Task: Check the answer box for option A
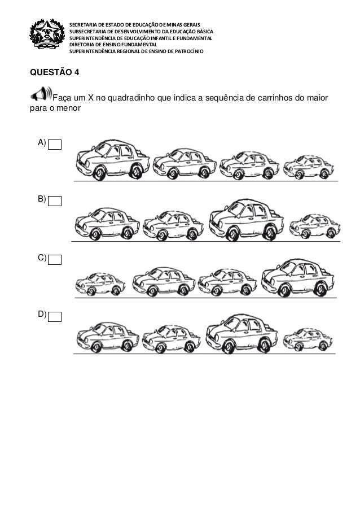[x=55, y=145]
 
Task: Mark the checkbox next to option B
[x=55, y=200]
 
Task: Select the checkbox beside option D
[x=55, y=316]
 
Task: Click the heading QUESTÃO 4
[x=50, y=72]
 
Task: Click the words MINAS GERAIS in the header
[x=187, y=24]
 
